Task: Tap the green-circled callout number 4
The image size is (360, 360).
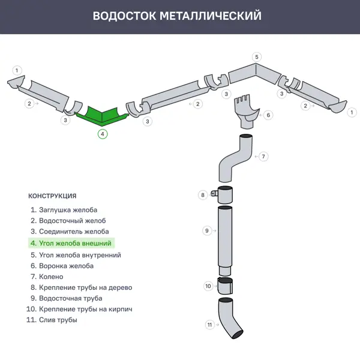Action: (103, 134)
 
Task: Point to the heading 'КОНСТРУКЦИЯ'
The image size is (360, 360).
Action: (52, 196)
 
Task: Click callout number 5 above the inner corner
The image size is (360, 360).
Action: (257, 58)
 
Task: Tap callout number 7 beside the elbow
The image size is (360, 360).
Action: (263, 156)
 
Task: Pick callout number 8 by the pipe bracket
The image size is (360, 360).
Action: (203, 194)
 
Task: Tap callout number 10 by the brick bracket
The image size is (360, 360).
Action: (208, 286)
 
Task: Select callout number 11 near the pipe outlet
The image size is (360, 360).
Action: (209, 325)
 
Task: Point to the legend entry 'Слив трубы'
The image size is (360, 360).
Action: (58, 320)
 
